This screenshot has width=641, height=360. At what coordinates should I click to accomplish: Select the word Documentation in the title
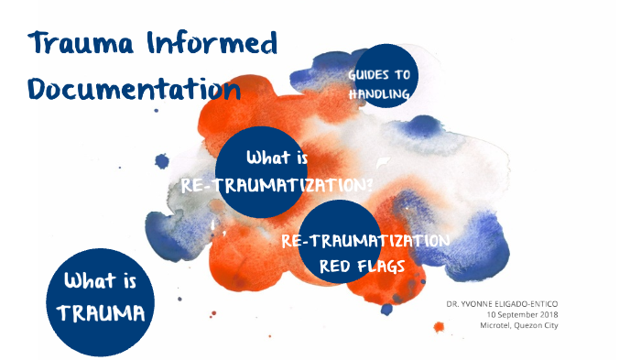pos(134,89)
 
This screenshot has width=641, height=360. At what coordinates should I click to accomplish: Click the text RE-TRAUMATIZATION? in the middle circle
pos(277,184)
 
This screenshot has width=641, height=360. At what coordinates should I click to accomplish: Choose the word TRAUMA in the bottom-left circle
pos(101,313)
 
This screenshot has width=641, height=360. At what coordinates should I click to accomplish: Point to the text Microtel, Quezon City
pos(518,325)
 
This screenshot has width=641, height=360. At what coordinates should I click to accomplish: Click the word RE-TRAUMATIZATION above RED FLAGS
pos(365,241)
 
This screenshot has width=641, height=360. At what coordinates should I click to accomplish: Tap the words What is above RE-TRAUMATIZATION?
pos(277,158)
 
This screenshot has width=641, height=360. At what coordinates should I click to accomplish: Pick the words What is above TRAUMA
pos(101,282)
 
